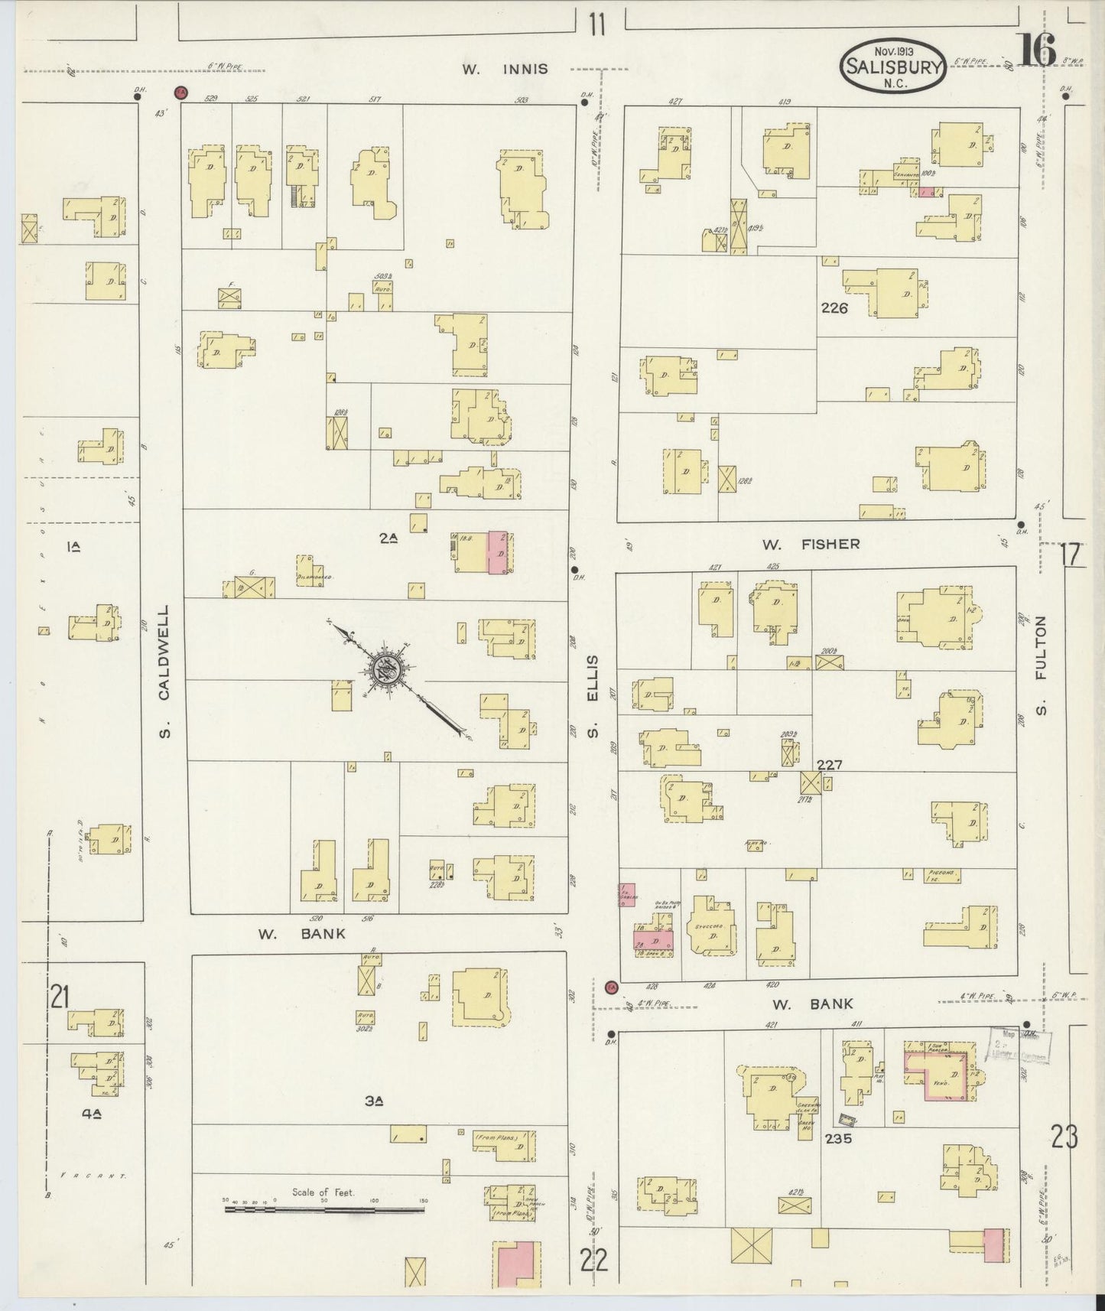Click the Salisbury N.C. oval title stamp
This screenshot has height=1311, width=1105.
coord(893,66)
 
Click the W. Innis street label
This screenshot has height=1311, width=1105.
coord(505,69)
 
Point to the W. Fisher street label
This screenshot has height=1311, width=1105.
coord(811,545)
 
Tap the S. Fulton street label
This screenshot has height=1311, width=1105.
coord(1040,665)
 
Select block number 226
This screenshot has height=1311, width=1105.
coord(834,308)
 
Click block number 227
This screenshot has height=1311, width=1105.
coord(829,765)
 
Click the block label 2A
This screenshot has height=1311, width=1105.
coord(388,539)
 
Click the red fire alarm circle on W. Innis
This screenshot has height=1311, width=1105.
coord(181,93)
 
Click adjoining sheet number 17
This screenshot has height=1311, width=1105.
coord(1072,555)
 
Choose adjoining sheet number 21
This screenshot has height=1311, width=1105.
coord(59,997)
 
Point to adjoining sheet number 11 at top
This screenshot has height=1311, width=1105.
coord(597,25)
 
